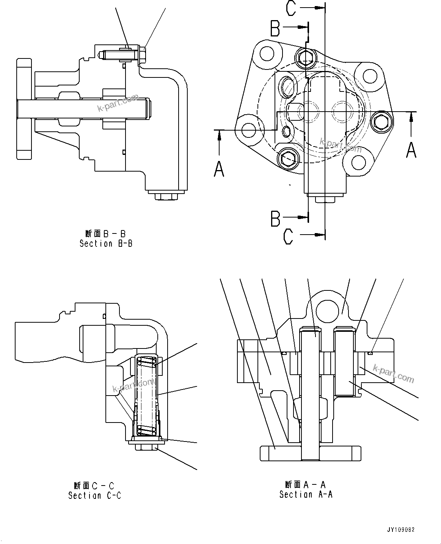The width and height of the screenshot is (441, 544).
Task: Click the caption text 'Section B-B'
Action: [106, 244]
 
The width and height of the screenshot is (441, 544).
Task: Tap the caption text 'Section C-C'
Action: [94, 495]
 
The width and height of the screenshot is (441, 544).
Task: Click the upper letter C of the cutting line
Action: [291, 8]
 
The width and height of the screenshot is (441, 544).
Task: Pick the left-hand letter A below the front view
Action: [219, 168]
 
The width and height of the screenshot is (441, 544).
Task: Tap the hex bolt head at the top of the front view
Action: [306, 57]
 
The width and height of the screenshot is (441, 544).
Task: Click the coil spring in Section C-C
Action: [146, 395]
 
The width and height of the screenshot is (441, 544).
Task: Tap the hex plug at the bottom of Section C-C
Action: [147, 447]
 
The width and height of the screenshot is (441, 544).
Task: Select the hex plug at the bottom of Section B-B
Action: [166, 197]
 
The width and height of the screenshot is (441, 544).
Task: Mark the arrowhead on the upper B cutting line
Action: [303, 27]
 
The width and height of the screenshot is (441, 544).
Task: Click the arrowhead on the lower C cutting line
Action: [321, 235]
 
